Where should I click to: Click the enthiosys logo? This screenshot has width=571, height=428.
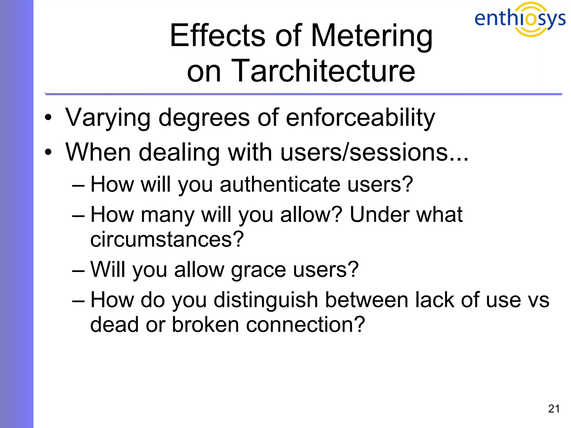coord(520,19)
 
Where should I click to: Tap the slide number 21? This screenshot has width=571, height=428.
coord(554,409)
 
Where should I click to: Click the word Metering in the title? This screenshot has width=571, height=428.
coord(371,36)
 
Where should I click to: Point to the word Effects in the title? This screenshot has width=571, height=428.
coord(217,36)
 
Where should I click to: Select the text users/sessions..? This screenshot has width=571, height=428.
coord(374,152)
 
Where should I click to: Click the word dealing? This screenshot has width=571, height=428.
coord(179,152)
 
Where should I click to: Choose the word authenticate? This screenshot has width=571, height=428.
coord(280,184)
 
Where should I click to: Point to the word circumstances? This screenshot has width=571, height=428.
coord(167,239)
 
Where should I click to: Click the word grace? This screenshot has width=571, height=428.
coord(258,270)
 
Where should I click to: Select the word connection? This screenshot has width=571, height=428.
coord(305,325)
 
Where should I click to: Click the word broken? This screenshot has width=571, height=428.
coord(205,325)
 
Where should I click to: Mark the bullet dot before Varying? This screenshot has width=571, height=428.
coord(48,118)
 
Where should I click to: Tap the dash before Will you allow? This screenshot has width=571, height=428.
coord(78,270)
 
